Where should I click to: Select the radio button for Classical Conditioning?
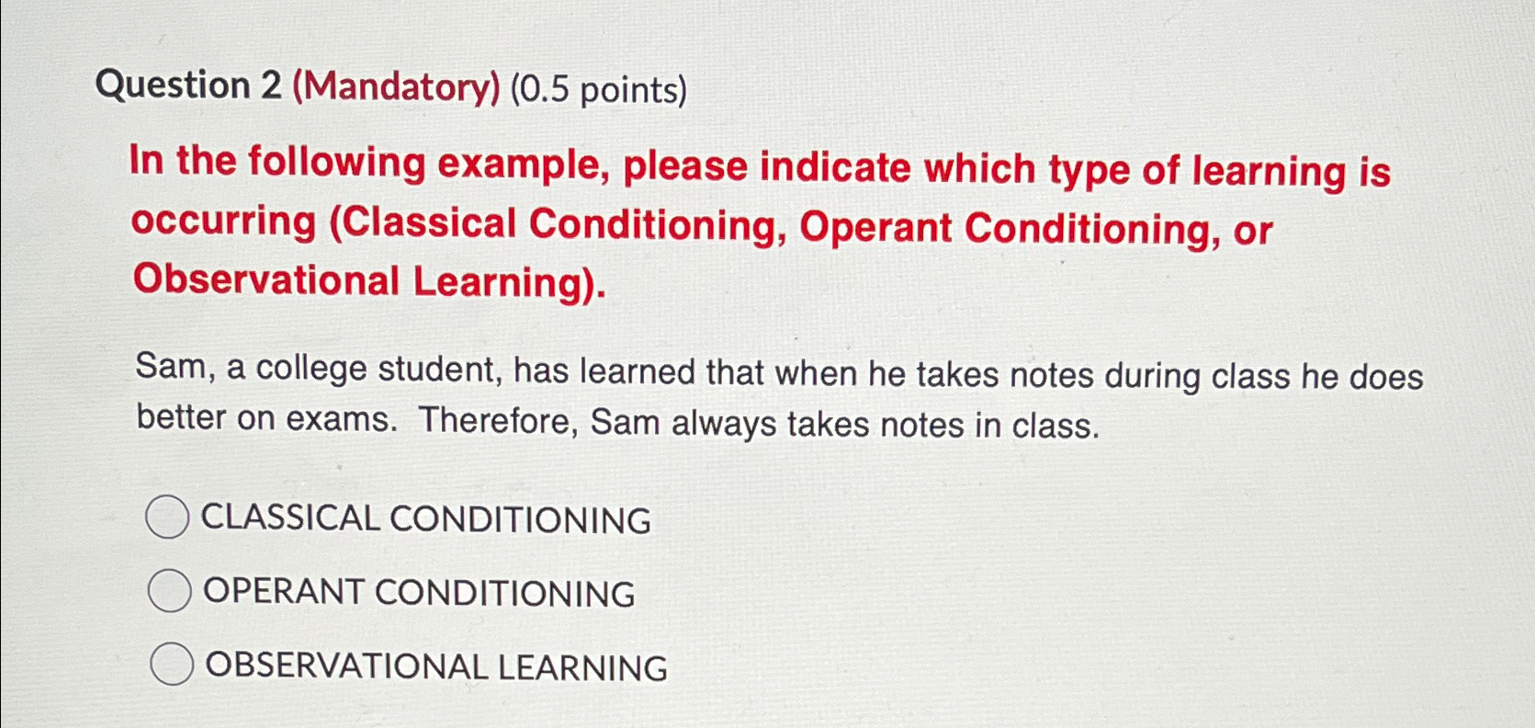pos(167,518)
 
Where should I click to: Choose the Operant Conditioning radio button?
pos(169,591)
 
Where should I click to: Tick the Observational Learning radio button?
pos(171,665)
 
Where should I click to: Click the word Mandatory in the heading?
pos(397,87)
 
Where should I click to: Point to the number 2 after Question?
pos(270,85)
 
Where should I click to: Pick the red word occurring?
pos(223,222)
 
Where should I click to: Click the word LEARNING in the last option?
pos(582,668)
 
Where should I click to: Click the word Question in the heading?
pos(173,85)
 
